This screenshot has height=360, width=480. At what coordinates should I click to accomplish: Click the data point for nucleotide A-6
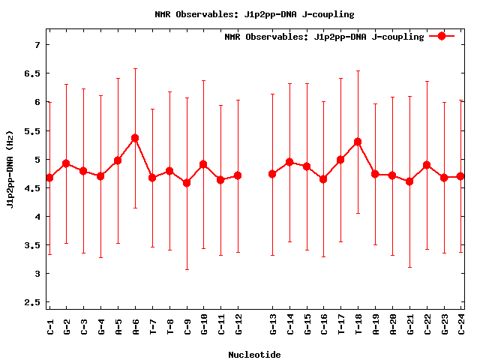pos(135,138)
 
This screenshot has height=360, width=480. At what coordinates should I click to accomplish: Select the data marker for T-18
pos(358,142)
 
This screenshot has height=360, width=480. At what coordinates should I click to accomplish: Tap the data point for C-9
pos(187,183)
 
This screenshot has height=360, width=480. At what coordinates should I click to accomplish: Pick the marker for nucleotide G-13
pos(272,174)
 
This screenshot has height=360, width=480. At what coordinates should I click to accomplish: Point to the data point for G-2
pos(66,163)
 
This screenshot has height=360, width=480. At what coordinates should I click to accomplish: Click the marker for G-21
pos(409,181)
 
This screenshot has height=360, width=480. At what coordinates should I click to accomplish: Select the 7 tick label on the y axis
pos(36,45)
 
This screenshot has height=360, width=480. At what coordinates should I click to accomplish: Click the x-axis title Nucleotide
pos(254,355)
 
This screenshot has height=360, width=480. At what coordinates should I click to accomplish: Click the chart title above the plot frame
pos(254,14)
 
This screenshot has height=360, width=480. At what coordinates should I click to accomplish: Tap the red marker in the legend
pos(442,36)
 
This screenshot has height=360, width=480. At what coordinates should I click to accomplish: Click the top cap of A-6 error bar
pos(135,69)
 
